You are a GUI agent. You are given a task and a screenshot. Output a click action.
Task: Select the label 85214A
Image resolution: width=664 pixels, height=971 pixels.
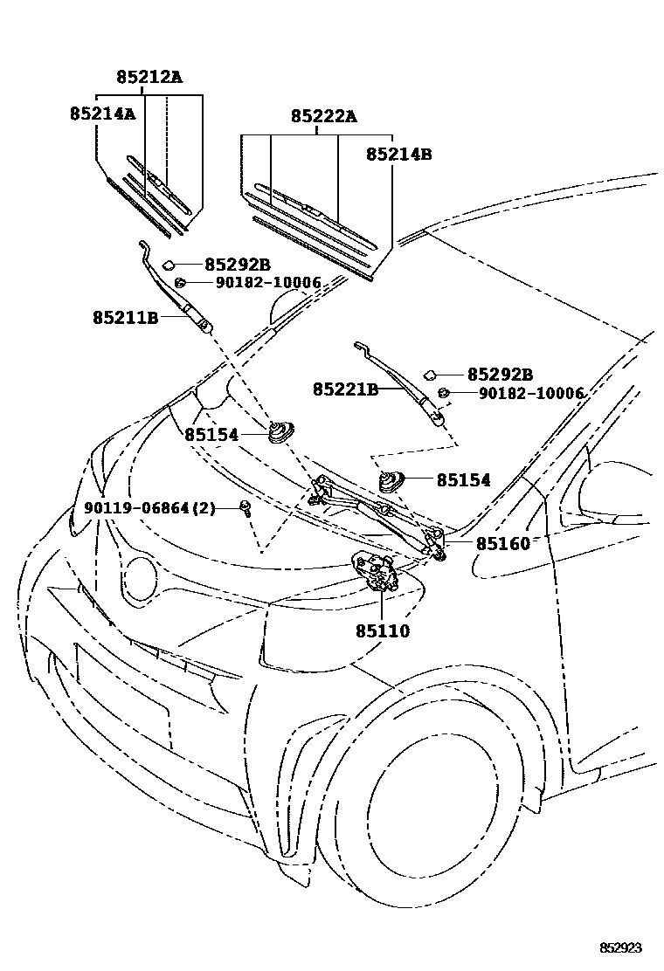pyautogui.click(x=103, y=114)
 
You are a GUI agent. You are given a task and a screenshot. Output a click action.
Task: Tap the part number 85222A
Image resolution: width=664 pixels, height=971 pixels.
pyautogui.click(x=323, y=116)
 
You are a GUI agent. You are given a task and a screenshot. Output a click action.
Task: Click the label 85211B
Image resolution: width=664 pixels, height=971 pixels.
pyautogui.click(x=125, y=318)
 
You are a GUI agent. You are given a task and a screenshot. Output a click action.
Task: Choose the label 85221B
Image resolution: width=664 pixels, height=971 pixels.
pyautogui.click(x=346, y=389)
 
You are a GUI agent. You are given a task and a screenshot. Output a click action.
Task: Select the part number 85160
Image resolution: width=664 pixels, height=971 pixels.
pyautogui.click(x=502, y=543)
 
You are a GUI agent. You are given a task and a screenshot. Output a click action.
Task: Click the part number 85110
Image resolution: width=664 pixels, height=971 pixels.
pyautogui.click(x=382, y=630)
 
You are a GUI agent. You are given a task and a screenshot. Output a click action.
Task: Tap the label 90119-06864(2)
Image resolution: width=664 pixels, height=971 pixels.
pyautogui.click(x=149, y=508)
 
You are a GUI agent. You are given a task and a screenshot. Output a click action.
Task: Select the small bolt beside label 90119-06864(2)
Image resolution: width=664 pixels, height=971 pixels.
pyautogui.click(x=246, y=508)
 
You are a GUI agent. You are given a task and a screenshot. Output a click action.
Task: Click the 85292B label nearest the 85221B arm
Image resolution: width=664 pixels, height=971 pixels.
pyautogui.click(x=500, y=374)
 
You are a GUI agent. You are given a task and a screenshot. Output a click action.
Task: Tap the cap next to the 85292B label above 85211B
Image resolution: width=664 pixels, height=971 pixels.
pyautogui.click(x=171, y=264)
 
